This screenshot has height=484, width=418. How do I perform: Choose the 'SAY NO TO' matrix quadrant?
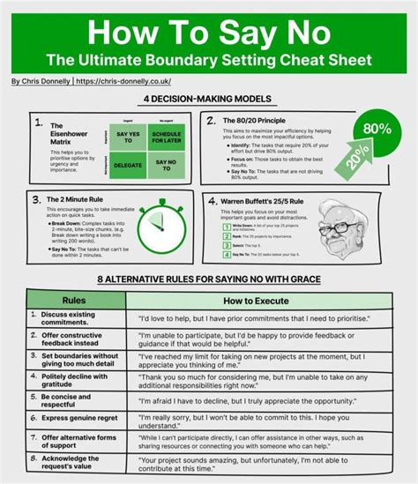pyautogui.click(x=164, y=164)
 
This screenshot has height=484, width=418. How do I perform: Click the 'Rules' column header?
pyautogui.click(x=73, y=301)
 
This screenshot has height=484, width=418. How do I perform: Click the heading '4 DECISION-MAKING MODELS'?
pyautogui.click(x=209, y=99)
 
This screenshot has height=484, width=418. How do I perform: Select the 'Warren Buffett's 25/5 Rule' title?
pyautogui.click(x=272, y=201)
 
